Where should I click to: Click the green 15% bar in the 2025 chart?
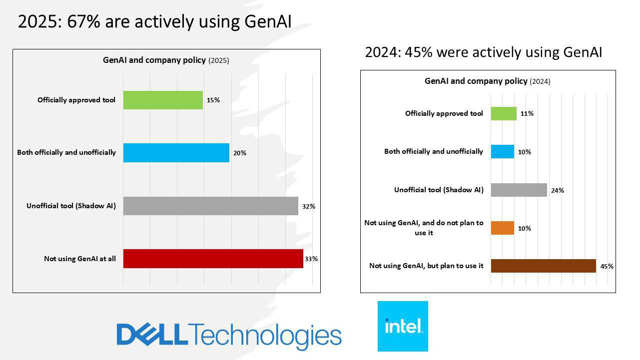[163, 100]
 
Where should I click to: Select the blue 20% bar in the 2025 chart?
[176, 153]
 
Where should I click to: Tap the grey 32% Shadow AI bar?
[210, 206]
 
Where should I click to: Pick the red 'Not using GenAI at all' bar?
[213, 259]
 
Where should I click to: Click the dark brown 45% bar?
[543, 266]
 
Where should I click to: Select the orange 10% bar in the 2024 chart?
[502, 228]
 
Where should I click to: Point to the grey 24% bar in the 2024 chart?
[519, 190]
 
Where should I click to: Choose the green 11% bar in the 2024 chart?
[504, 113]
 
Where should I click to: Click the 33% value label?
[311, 259]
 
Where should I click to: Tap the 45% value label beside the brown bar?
[607, 266]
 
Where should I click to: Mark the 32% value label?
[308, 206]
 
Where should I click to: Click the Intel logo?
[403, 326]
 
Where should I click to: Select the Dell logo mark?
[152, 335]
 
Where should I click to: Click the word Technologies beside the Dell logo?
[265, 336]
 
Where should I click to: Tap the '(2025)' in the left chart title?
[218, 60]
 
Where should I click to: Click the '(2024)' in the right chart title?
[540, 81]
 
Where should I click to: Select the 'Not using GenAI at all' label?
[80, 259]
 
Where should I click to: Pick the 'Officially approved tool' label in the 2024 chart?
[444, 113]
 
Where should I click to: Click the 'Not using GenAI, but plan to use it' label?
[426, 266]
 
